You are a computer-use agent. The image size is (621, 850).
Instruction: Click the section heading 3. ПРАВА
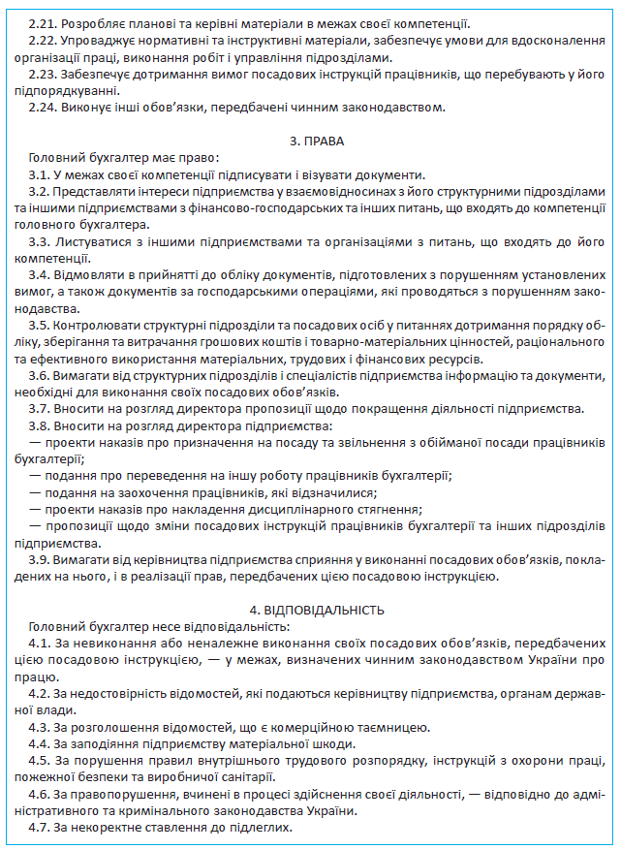[x=317, y=142]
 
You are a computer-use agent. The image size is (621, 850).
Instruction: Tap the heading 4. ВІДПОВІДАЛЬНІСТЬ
[x=317, y=610]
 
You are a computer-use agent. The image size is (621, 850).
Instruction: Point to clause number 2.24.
[x=42, y=107]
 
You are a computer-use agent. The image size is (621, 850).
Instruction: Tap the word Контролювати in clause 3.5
[x=95, y=325]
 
